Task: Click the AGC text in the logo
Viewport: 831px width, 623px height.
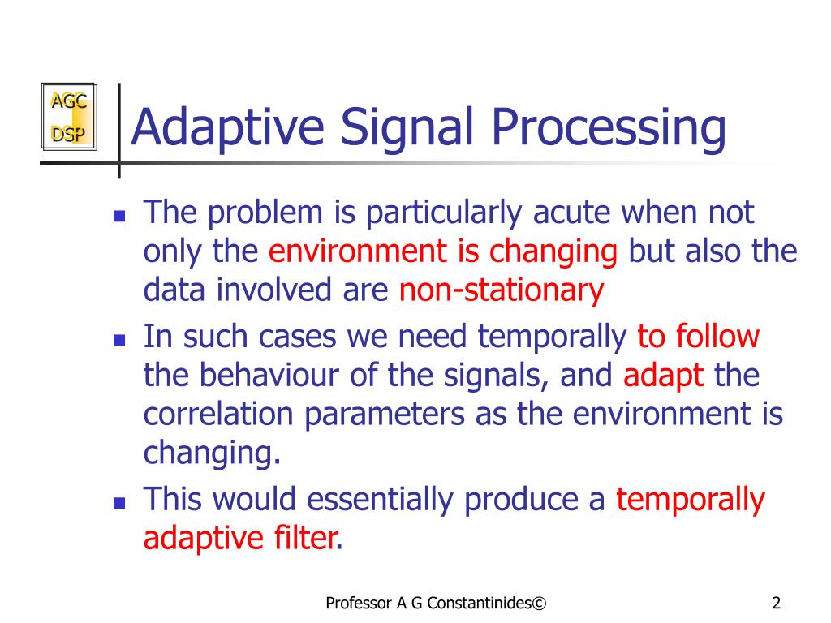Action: tap(68, 101)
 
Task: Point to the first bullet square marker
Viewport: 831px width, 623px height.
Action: tap(118, 217)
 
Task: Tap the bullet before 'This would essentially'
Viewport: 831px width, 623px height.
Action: tap(118, 502)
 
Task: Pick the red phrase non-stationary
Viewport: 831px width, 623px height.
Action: tap(502, 290)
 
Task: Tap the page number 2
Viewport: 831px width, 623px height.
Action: tap(777, 603)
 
